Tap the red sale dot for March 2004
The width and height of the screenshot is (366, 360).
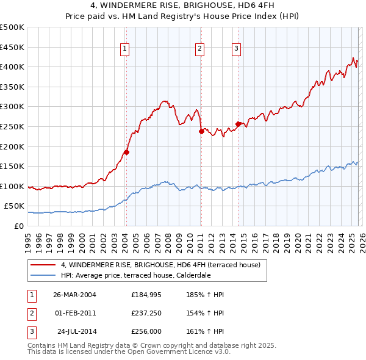click(126, 152)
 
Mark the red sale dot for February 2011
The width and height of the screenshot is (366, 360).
click(201, 131)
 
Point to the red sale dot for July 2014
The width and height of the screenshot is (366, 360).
click(238, 124)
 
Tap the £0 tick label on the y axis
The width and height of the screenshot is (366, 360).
click(18, 226)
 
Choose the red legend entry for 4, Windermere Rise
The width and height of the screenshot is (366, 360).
click(160, 265)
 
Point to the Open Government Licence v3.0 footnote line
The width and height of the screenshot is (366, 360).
click(129, 352)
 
